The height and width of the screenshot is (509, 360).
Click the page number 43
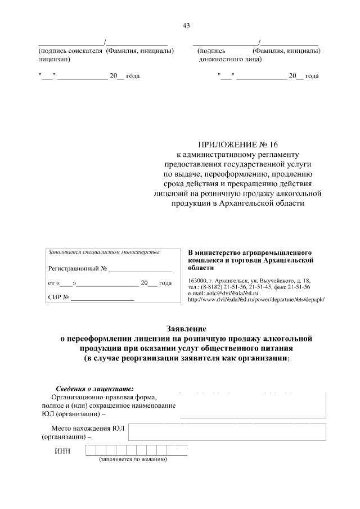(186, 25)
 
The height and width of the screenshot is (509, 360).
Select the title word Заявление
(186, 328)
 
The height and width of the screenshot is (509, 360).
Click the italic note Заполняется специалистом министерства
(104, 252)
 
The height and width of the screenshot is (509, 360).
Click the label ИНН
(62, 451)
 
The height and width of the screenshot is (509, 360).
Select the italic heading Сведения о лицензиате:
(94, 389)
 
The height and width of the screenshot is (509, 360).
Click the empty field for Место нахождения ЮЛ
(227, 432)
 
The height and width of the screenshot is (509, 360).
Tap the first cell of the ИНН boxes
(91, 450)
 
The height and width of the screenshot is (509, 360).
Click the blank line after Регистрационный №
(139, 270)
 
